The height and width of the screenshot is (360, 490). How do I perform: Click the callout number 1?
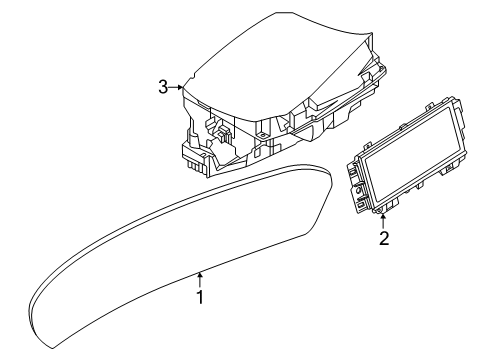tap(200, 297)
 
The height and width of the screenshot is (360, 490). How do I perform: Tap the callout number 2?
tap(384, 238)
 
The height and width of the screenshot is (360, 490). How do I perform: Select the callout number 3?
tap(163, 87)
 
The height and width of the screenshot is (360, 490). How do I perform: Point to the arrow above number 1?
tap(200, 280)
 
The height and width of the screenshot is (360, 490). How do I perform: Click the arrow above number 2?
tap(383, 221)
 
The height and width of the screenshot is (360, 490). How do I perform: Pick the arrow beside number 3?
tap(175, 87)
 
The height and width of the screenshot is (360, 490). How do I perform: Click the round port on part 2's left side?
tap(358, 191)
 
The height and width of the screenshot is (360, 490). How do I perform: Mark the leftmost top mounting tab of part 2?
tap(367, 145)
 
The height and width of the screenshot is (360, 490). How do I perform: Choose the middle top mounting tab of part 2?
tap(403, 126)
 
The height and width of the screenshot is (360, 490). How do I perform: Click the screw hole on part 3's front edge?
tap(262, 135)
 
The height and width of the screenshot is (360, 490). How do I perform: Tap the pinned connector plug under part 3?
tap(196, 167)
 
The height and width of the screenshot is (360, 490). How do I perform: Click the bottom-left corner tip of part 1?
tap(53, 349)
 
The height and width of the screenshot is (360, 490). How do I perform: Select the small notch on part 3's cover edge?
tap(193, 77)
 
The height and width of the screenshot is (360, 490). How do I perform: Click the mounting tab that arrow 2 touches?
tap(383, 209)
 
